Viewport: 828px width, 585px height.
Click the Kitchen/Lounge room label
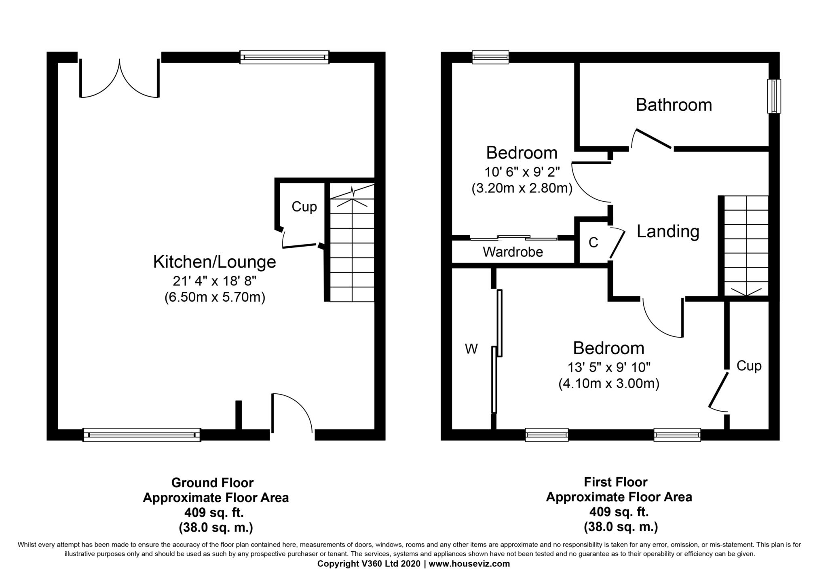click(214, 262)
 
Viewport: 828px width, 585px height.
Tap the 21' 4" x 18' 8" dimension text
click(214, 280)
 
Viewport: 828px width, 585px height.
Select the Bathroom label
click(674, 105)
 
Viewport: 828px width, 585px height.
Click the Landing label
click(667, 232)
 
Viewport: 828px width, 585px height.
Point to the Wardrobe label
click(513, 252)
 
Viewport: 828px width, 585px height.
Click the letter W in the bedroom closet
click(471, 348)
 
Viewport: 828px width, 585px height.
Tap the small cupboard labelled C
click(593, 243)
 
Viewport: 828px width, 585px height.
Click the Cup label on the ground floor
click(304, 207)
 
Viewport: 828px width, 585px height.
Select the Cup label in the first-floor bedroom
click(749, 366)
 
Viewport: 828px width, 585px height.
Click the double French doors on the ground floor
click(119, 79)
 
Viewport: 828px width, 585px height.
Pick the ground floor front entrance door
click(291, 414)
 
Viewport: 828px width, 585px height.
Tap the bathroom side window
click(774, 96)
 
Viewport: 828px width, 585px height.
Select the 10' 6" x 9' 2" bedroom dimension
click(522, 172)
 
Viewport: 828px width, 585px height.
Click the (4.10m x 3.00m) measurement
click(608, 384)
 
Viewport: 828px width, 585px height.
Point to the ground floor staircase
click(352, 243)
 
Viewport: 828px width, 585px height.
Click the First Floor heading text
click(615, 482)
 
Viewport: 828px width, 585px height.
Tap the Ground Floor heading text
click(212, 483)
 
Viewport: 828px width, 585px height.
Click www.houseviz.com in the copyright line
click(469, 564)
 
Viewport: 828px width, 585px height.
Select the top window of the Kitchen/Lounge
click(284, 57)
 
